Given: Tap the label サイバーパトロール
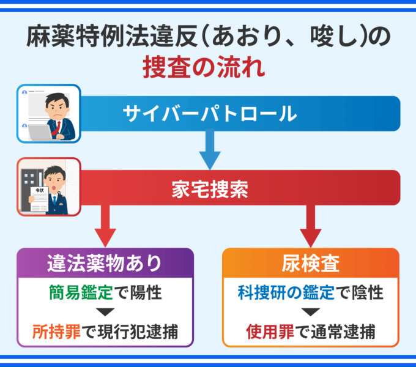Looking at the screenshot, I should point(209,113).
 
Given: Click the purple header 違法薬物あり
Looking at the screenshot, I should point(105,262).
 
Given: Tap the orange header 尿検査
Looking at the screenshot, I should point(311,262).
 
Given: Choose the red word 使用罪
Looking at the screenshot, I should point(267,332).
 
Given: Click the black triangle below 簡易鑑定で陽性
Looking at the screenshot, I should point(105,313).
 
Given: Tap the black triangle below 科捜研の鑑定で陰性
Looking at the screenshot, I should point(311,313).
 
